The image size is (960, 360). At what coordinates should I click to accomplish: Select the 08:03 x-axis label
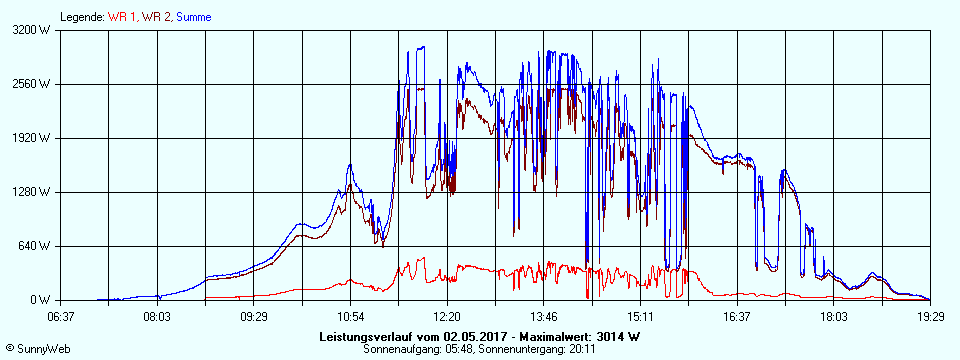(157, 317)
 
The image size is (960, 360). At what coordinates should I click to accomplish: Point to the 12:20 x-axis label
(447, 317)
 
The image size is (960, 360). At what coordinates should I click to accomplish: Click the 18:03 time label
(834, 317)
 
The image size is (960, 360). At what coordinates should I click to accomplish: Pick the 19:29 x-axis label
(930, 317)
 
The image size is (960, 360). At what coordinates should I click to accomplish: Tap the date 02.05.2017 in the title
(474, 336)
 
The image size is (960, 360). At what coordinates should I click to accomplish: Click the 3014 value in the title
(613, 336)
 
